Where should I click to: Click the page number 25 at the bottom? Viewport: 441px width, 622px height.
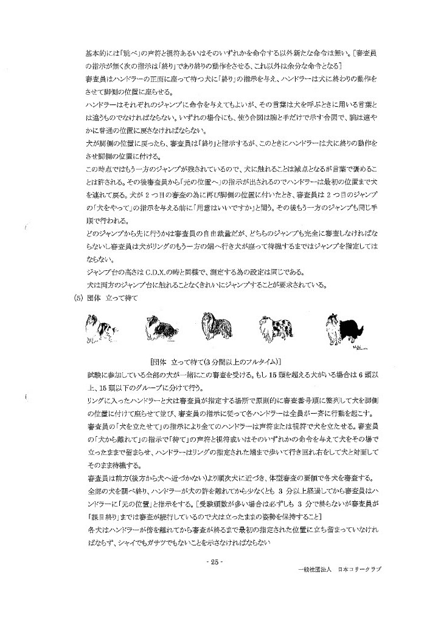pyautogui.click(x=215, y=562)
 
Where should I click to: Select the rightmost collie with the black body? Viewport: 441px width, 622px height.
pyautogui.click(x=341, y=329)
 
